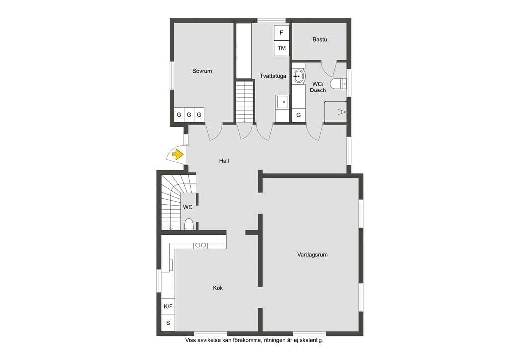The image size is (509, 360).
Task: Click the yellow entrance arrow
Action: tap(177, 154)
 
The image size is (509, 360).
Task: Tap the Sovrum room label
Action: tap(202, 71)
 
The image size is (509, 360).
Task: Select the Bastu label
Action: tap(320, 39)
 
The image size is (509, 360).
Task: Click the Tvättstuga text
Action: tap(273, 76)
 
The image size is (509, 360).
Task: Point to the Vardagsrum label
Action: tap(312, 255)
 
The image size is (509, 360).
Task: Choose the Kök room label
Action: tap(218, 288)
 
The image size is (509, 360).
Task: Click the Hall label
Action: tap(224, 161)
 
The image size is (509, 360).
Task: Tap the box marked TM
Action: tap(282, 48)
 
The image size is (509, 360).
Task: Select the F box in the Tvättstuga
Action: tap(282, 33)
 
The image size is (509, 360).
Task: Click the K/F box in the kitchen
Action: tap(168, 306)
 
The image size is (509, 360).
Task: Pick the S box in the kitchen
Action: tap(168, 323)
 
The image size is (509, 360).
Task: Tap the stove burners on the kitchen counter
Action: tap(200, 245)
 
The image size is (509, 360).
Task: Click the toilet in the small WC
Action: tap(189, 224)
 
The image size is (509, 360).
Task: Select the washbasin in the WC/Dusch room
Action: tap(299, 76)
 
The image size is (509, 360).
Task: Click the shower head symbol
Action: tap(342, 112)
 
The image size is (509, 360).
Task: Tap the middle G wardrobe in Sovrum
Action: tap(189, 115)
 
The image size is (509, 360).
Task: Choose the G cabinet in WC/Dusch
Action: tap(299, 115)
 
